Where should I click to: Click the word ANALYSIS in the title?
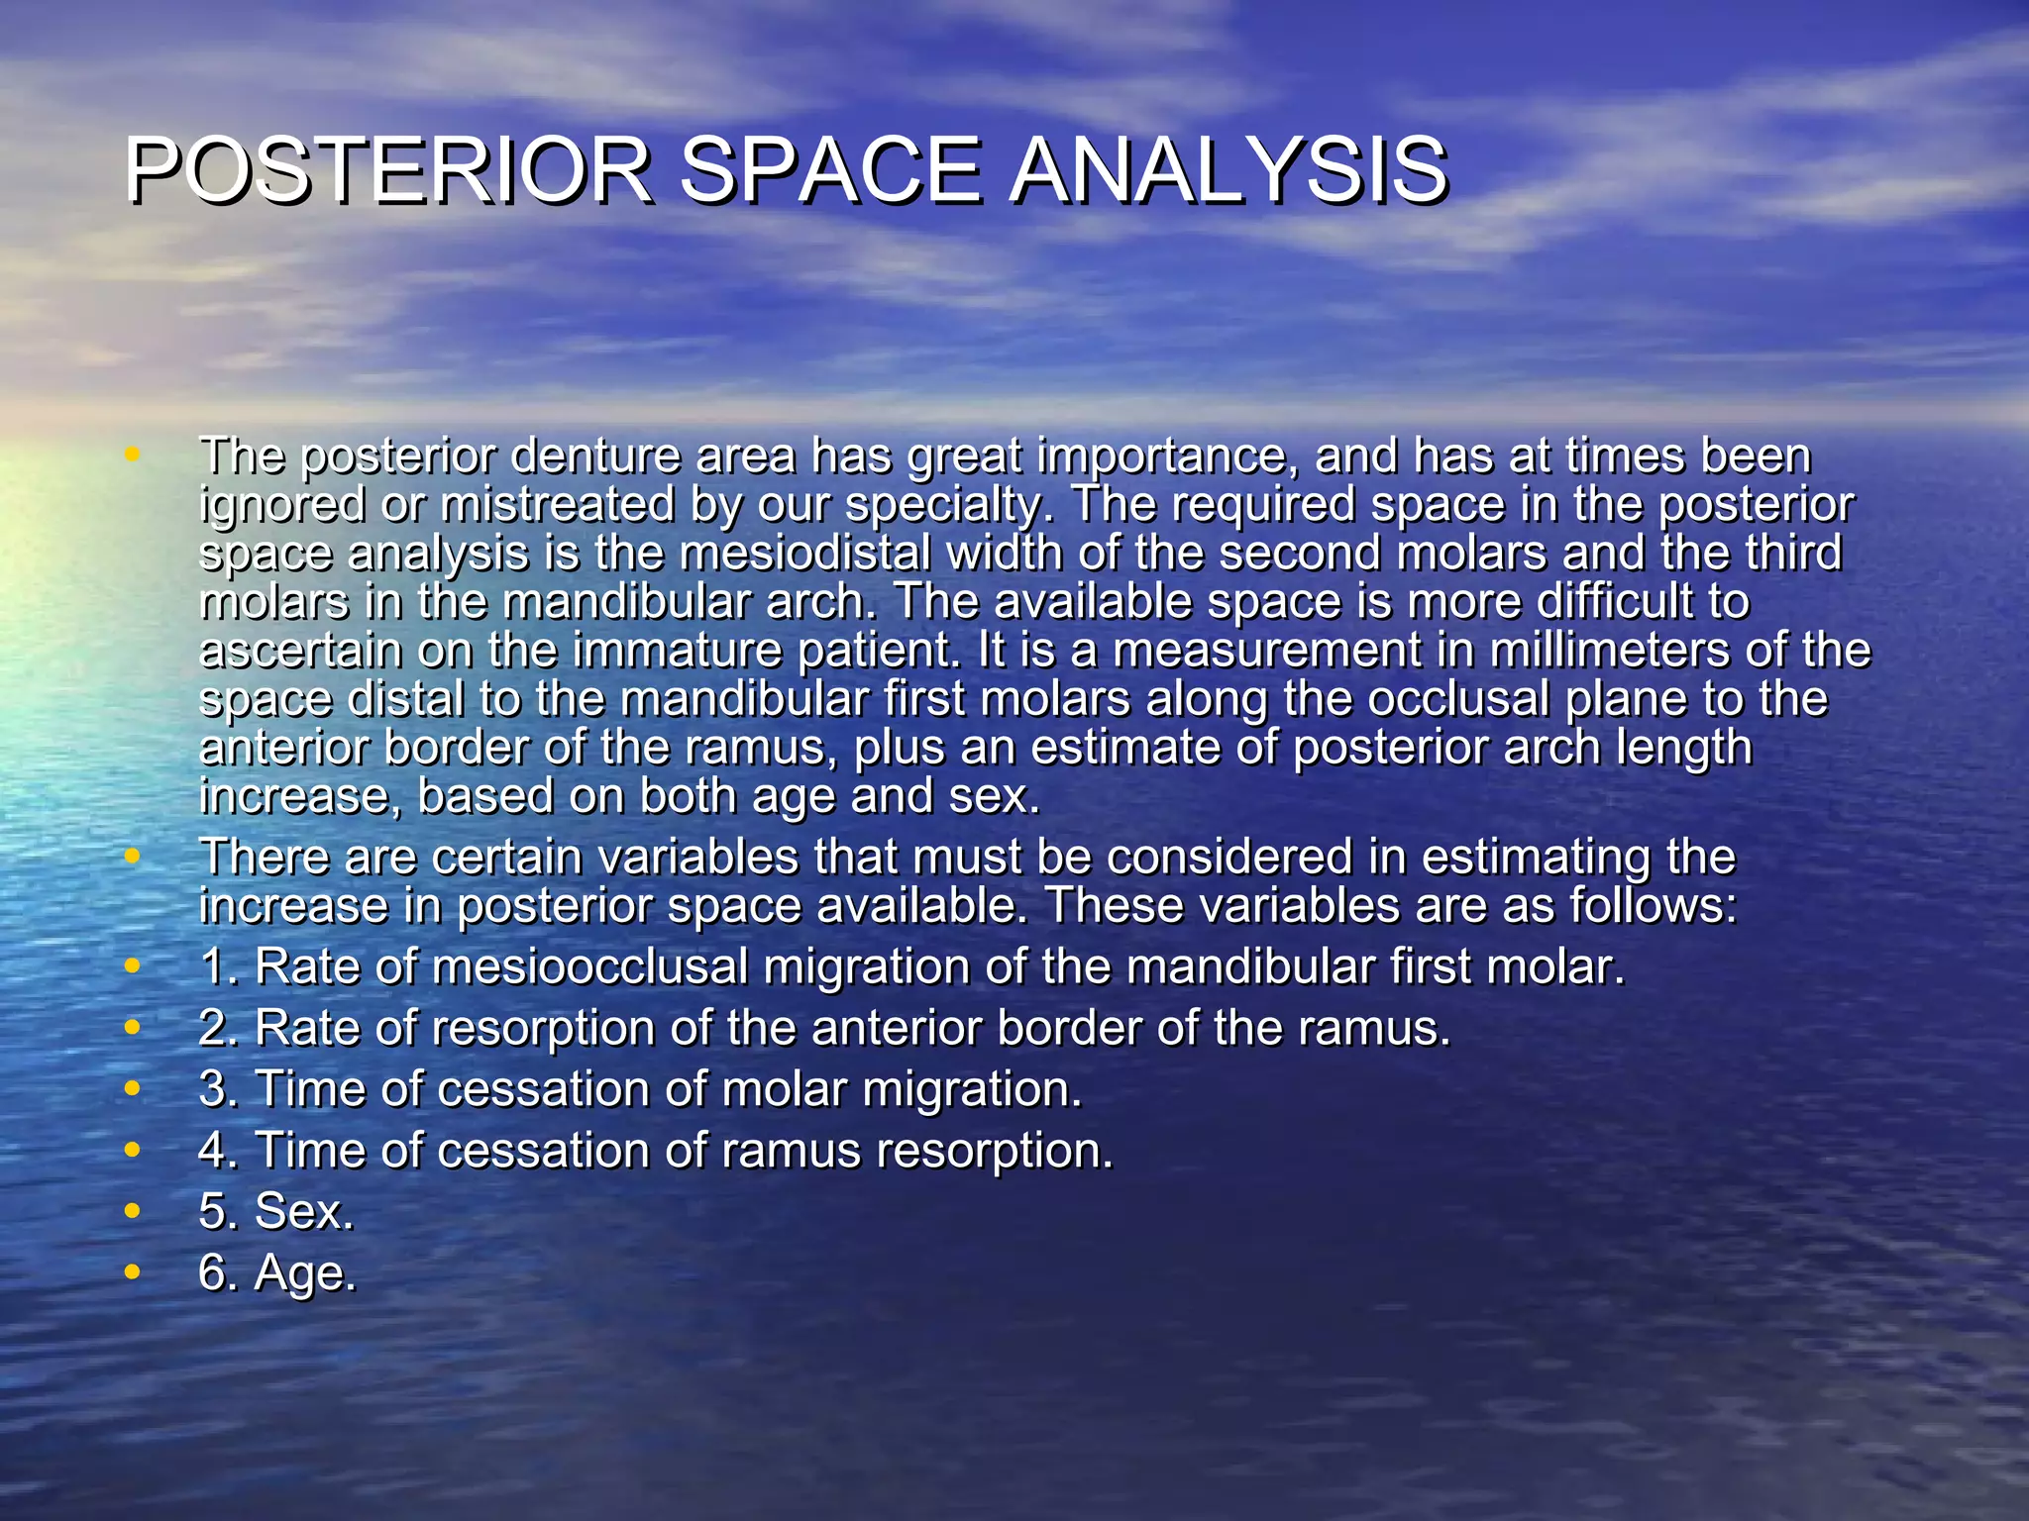pos(1228,170)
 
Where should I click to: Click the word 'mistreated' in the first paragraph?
pos(558,505)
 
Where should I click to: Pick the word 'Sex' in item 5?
pos(299,1211)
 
